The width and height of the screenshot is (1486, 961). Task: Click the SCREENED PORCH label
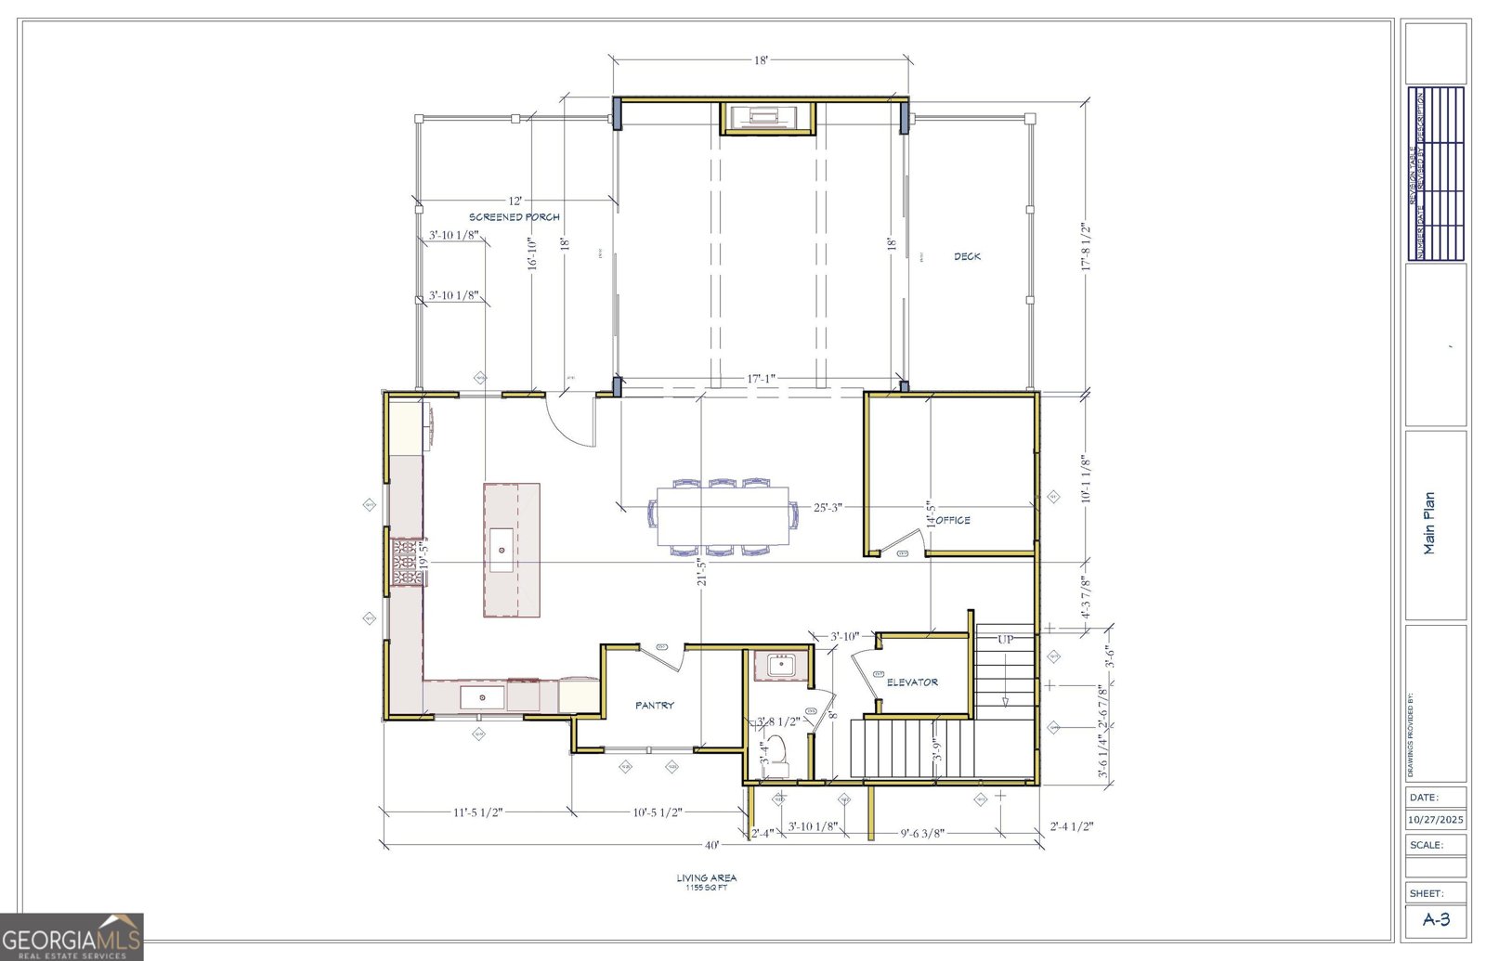[x=514, y=217]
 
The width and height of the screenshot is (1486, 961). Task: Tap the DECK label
[x=967, y=256]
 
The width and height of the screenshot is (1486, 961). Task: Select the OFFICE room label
[x=954, y=520]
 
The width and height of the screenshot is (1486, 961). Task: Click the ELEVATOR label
[x=912, y=682]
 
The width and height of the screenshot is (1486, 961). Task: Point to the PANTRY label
[x=655, y=706]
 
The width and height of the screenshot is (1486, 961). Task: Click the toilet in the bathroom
[x=777, y=754]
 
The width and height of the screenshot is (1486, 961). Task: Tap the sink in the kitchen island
[x=502, y=548]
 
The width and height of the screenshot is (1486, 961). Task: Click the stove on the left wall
[x=406, y=563]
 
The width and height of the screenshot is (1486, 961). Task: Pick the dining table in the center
[x=723, y=516]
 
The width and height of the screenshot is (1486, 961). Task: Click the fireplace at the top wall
[x=768, y=117]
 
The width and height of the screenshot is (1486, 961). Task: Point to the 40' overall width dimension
[x=711, y=846]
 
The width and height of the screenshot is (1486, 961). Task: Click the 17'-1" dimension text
[x=761, y=379]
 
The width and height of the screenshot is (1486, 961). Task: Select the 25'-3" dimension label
[x=828, y=508]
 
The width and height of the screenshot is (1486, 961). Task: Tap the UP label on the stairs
[x=1005, y=640]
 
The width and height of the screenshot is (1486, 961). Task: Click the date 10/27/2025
[x=1435, y=820]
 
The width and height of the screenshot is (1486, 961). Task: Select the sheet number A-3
[x=1436, y=920]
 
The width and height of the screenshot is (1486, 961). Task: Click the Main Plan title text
[x=1429, y=523]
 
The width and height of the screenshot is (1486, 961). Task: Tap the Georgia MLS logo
[x=72, y=936]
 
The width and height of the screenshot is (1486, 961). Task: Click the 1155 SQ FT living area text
[x=706, y=888]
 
